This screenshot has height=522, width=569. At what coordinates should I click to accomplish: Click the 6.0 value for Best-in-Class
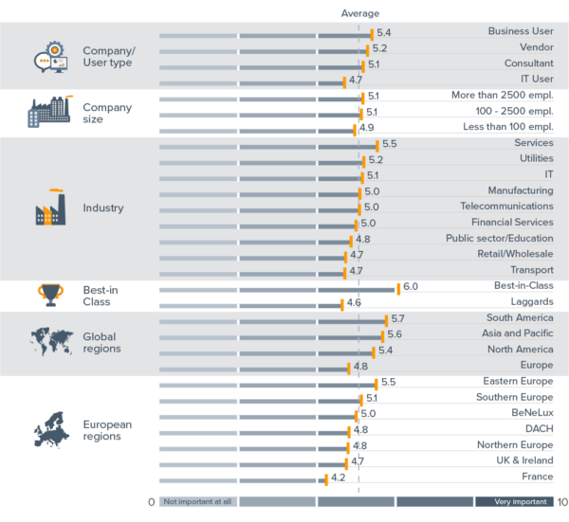coord(411,286)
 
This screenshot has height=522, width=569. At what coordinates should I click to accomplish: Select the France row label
coord(538,477)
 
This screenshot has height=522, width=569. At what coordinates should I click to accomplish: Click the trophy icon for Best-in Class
coord(51,295)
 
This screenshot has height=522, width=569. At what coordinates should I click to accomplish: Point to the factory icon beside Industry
coord(51,207)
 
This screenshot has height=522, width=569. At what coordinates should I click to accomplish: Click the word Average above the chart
coord(360,13)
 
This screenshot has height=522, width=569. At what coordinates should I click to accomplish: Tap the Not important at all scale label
coord(197,503)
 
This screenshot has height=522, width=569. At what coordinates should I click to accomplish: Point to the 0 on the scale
coord(151,503)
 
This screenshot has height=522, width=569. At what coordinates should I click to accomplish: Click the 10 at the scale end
coord(562,503)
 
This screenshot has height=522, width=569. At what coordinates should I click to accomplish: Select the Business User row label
coord(521,31)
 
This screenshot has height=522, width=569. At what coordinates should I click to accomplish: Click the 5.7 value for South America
coord(398,318)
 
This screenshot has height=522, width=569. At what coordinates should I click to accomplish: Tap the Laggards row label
coord(531,302)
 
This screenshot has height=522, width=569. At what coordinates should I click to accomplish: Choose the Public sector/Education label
coord(500,239)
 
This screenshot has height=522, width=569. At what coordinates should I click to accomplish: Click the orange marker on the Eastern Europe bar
coord(376,384)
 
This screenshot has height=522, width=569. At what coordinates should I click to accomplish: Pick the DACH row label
coord(539,429)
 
